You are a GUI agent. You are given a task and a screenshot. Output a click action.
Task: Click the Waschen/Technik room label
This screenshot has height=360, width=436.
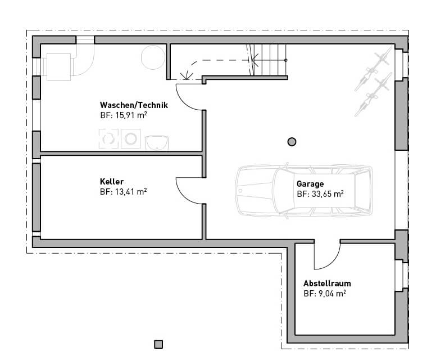click(x=134, y=105)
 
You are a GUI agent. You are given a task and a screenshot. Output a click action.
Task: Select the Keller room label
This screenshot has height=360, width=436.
click(x=111, y=182)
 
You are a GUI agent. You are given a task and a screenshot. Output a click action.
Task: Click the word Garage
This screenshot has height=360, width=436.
click(x=310, y=184)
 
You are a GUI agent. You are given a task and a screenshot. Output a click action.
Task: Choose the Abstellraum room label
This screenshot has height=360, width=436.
click(x=327, y=283)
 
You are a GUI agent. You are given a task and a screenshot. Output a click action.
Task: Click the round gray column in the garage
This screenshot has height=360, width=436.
click(x=292, y=142)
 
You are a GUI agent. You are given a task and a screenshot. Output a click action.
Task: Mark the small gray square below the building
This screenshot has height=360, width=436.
click(x=158, y=344)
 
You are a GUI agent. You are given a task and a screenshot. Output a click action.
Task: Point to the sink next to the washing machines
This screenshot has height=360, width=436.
click(x=157, y=142)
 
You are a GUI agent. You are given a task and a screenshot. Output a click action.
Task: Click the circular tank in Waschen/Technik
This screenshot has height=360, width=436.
click(x=153, y=57)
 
